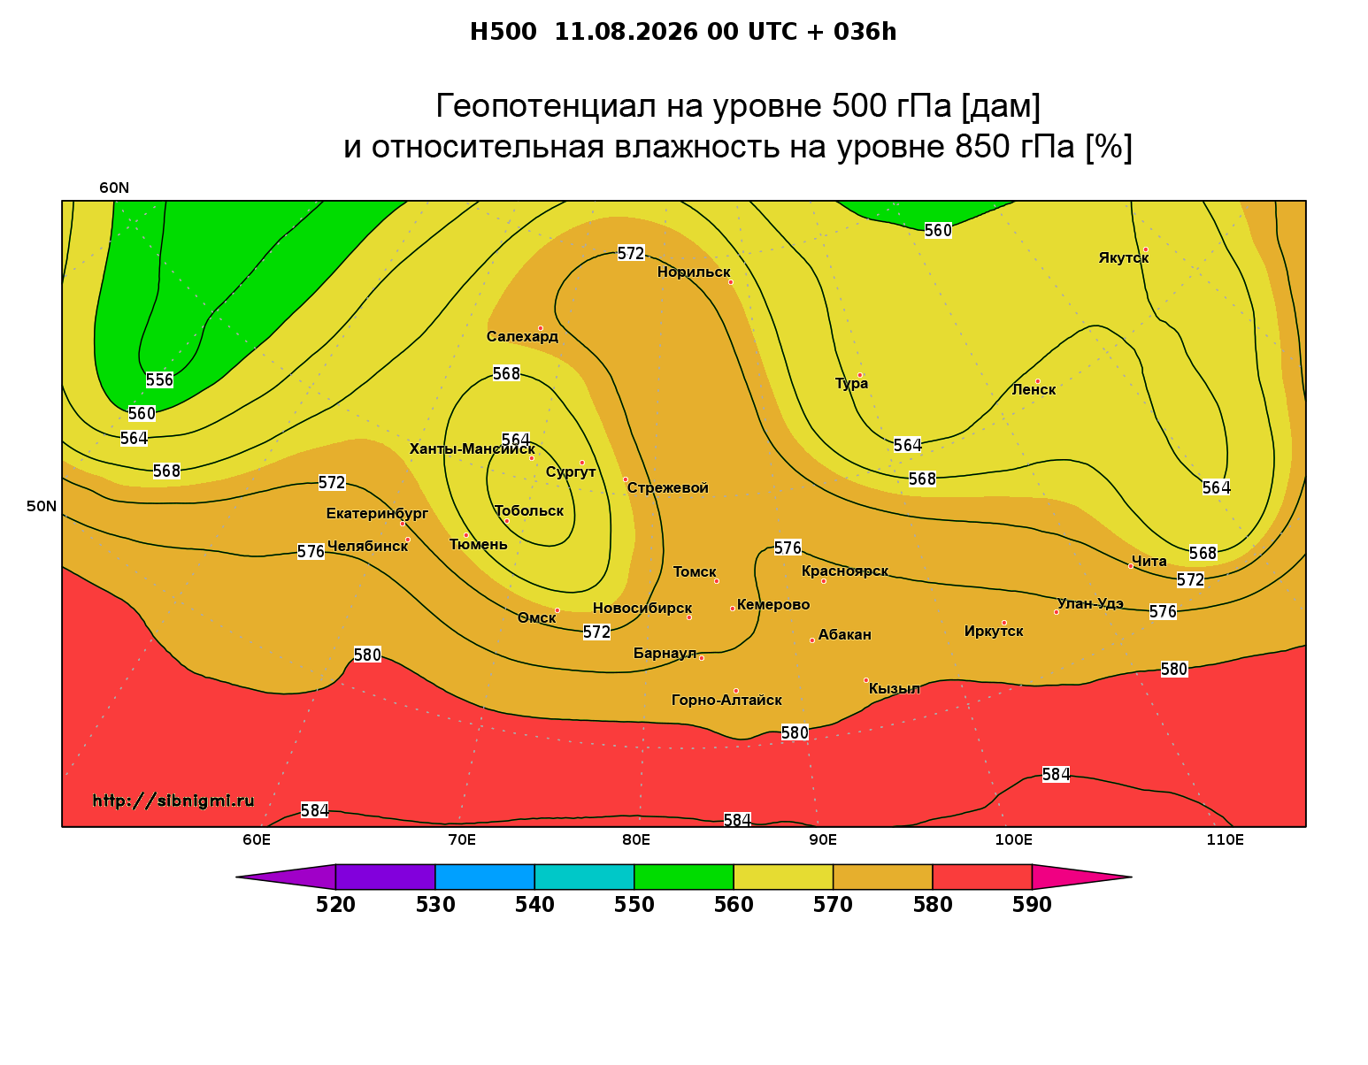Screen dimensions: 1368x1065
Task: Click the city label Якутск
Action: click(1123, 258)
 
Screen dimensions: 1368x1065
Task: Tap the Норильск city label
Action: click(694, 272)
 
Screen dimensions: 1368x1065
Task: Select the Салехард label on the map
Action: click(522, 336)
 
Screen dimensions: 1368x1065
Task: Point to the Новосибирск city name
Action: click(642, 609)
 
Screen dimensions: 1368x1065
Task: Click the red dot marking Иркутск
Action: click(1004, 623)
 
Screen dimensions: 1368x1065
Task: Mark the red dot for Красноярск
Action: click(824, 581)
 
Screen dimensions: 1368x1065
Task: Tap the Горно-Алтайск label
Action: click(726, 701)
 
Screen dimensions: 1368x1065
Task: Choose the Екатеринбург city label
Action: click(377, 513)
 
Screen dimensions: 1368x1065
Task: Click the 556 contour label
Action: click(159, 380)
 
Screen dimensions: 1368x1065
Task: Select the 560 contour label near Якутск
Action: click(938, 231)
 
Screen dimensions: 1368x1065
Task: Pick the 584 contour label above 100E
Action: click(1056, 774)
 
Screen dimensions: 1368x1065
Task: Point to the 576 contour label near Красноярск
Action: click(788, 548)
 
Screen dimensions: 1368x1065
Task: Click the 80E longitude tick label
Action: click(636, 839)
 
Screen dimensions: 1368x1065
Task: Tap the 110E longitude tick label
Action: click(1225, 839)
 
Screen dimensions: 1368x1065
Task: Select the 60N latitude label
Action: click(114, 188)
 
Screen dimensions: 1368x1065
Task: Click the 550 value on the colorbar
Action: click(634, 905)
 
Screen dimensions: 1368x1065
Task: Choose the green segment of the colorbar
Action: click(684, 877)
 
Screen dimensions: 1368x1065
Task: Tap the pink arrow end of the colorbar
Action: click(1081, 877)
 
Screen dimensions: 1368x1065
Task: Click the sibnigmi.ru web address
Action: click(173, 801)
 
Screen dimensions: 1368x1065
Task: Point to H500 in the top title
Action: click(503, 32)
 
